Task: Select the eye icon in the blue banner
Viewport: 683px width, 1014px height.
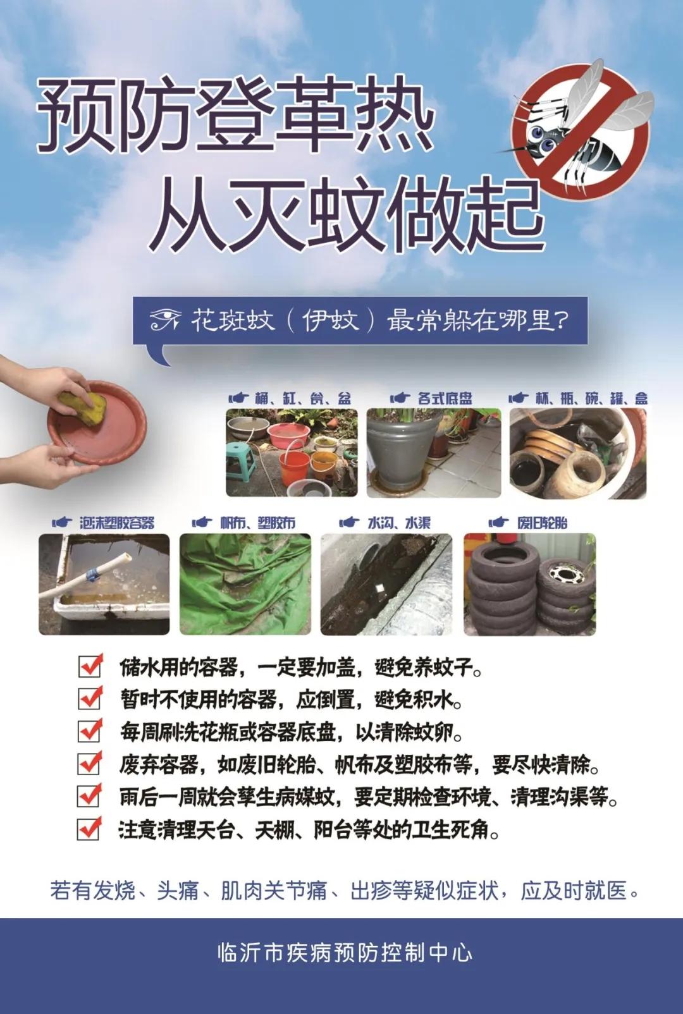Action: (x=165, y=321)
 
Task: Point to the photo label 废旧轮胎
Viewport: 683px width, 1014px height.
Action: (x=542, y=523)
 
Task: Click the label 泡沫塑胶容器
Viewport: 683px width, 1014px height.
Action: (x=117, y=523)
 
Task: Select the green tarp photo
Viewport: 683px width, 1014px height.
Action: (x=245, y=584)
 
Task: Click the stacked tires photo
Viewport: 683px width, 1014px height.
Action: (x=529, y=584)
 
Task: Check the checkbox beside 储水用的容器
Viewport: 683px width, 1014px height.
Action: (x=90, y=666)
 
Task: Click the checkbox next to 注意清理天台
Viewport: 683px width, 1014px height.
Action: (x=89, y=828)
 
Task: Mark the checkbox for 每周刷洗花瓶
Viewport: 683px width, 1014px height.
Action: (x=90, y=731)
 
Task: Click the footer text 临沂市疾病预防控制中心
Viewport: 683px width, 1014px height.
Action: (x=345, y=953)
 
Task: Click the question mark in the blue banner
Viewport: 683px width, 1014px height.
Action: (x=560, y=321)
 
